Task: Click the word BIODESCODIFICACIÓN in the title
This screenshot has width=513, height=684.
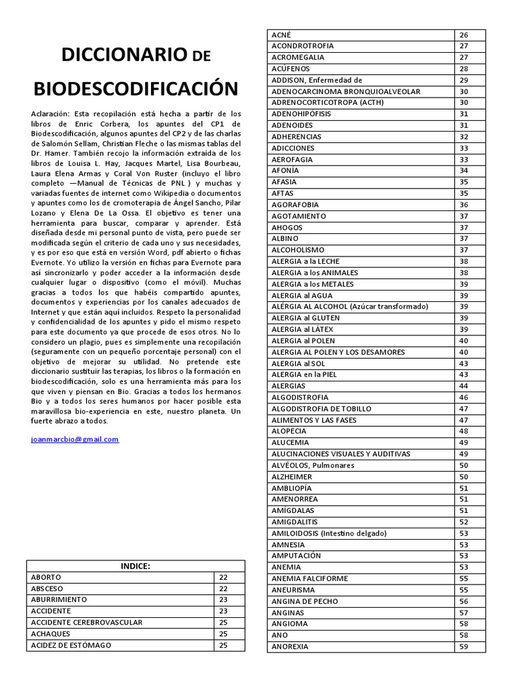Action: [x=136, y=88]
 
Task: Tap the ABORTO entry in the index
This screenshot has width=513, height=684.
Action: [x=45, y=577]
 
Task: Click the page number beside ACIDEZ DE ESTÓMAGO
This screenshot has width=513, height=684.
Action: [x=223, y=645]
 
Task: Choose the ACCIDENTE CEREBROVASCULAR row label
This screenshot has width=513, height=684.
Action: [x=87, y=623]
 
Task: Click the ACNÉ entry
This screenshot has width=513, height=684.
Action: [x=281, y=35]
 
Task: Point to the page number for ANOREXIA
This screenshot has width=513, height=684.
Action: [x=464, y=647]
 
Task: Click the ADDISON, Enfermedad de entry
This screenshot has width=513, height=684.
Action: [x=317, y=80]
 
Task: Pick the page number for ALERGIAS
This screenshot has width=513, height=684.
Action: [x=464, y=386]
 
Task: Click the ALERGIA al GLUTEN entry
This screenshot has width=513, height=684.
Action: [x=302, y=318]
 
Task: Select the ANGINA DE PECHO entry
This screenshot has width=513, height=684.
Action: [x=305, y=601]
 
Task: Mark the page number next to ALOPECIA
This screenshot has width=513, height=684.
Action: [x=464, y=432]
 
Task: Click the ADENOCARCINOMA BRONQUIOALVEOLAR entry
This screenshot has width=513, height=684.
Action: [x=346, y=92]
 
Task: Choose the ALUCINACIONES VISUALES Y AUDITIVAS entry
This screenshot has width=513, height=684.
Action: [x=341, y=454]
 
